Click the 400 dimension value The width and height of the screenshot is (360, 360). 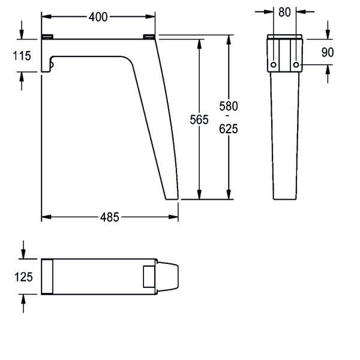tap(98, 17)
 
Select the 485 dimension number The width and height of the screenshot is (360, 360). tap(110, 217)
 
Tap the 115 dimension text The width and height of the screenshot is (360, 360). tap(22, 56)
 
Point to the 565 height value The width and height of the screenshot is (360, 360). tap(199, 119)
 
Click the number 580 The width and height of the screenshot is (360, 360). tap(229, 106)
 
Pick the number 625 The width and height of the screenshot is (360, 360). tap(229, 129)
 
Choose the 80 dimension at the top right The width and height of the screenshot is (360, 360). tap(284, 12)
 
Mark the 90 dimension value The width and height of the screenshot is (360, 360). tap(328, 52)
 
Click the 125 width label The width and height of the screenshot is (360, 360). tap(23, 277)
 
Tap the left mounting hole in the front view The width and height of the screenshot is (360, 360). tap(273, 65)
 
